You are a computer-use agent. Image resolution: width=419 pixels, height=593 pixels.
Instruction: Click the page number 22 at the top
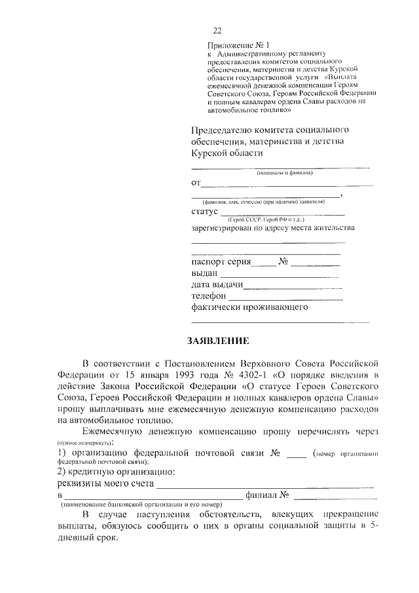(x=217, y=31)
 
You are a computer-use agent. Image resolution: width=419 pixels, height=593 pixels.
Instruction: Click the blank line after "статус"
(x=282, y=214)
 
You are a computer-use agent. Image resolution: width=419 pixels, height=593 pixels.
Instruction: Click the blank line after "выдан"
(x=281, y=276)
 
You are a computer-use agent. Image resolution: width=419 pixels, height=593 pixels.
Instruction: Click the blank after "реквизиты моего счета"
(x=266, y=486)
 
